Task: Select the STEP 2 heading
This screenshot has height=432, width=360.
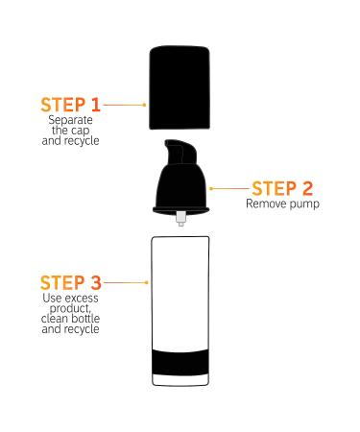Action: click(281, 188)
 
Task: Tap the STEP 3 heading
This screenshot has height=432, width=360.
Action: click(69, 283)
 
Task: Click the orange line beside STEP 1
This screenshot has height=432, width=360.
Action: click(123, 104)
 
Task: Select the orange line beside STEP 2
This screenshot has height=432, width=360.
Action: click(229, 188)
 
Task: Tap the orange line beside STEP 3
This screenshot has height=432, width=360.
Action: click(123, 283)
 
